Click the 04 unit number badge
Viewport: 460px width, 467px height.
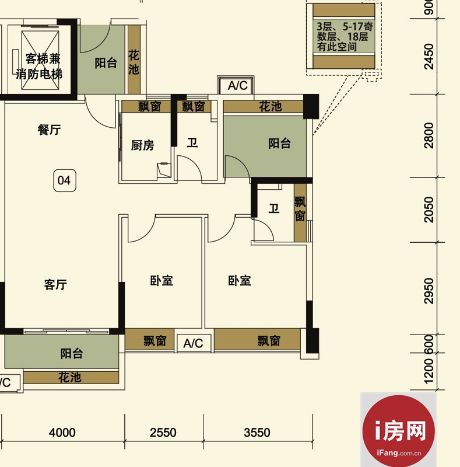(x=65, y=180)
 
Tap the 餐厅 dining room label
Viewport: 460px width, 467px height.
(x=49, y=130)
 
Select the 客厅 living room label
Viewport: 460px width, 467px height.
(x=55, y=284)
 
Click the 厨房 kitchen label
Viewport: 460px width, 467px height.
(x=142, y=145)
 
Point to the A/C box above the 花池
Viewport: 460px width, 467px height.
(x=237, y=85)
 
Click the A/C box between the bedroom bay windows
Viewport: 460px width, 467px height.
(x=194, y=343)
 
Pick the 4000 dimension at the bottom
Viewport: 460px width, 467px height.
(x=62, y=433)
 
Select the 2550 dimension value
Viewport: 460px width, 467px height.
(x=163, y=433)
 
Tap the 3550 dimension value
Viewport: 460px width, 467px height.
(x=257, y=433)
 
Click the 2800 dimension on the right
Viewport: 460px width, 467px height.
(x=429, y=135)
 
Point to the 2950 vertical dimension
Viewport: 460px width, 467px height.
(x=429, y=291)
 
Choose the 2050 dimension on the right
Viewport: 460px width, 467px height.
(x=429, y=210)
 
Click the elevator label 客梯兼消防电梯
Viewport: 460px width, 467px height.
(x=39, y=67)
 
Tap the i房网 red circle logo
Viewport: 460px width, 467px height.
(x=398, y=431)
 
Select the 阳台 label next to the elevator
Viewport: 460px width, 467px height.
(x=106, y=63)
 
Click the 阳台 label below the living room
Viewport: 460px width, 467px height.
(x=72, y=354)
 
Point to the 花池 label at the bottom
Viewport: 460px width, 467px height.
(x=69, y=378)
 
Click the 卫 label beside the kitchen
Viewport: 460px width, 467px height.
(x=192, y=142)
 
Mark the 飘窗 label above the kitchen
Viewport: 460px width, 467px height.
(x=150, y=106)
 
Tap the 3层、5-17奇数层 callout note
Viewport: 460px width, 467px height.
(x=344, y=37)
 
